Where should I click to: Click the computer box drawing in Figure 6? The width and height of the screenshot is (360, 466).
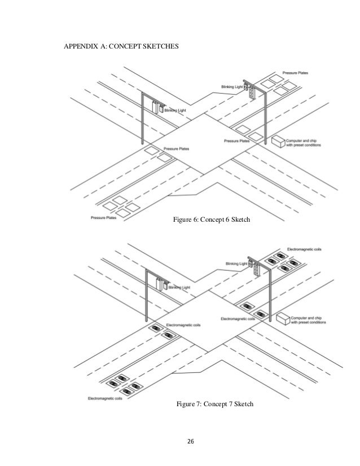click(x=278, y=140)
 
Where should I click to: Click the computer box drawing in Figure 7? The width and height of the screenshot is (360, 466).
click(x=282, y=318)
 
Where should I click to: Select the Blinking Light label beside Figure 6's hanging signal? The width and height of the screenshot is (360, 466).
click(x=174, y=111)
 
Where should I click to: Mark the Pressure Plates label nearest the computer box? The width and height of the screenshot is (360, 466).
click(x=236, y=140)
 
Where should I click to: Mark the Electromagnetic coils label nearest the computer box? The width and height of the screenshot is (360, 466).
click(x=238, y=319)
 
